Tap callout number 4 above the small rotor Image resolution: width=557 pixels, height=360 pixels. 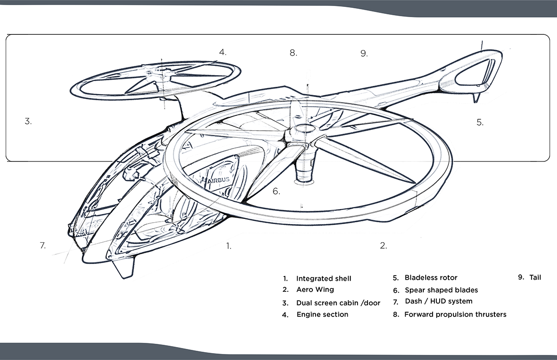pyautogui.click(x=223, y=52)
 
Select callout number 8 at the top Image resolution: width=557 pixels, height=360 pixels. pyautogui.click(x=293, y=53)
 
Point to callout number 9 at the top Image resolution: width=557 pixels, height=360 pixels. pyautogui.click(x=364, y=53)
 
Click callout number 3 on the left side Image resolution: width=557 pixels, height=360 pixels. pyautogui.click(x=28, y=122)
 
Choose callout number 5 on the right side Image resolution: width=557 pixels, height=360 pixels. pyautogui.click(x=480, y=122)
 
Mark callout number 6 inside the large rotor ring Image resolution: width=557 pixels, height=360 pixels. pyautogui.click(x=276, y=191)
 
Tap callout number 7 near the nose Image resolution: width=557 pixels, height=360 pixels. pyautogui.click(x=43, y=246)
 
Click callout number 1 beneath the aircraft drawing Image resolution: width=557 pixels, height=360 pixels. pyautogui.click(x=228, y=246)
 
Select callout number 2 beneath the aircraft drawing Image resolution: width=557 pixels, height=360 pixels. pyautogui.click(x=383, y=246)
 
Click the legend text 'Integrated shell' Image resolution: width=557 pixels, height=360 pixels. pyautogui.click(x=324, y=279)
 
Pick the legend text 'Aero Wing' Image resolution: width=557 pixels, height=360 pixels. pyautogui.click(x=315, y=289)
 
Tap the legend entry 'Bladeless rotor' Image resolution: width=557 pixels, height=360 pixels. pyautogui.click(x=431, y=278)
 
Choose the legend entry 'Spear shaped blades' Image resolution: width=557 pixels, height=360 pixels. pyautogui.click(x=441, y=290)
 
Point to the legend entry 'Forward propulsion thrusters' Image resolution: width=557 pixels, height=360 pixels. pyautogui.click(x=455, y=315)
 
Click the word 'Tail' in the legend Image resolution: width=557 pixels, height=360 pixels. pyautogui.click(x=535, y=278)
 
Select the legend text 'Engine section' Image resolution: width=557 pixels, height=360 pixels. pyautogui.click(x=322, y=315)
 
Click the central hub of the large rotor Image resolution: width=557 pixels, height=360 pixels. pyautogui.click(x=304, y=131)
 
